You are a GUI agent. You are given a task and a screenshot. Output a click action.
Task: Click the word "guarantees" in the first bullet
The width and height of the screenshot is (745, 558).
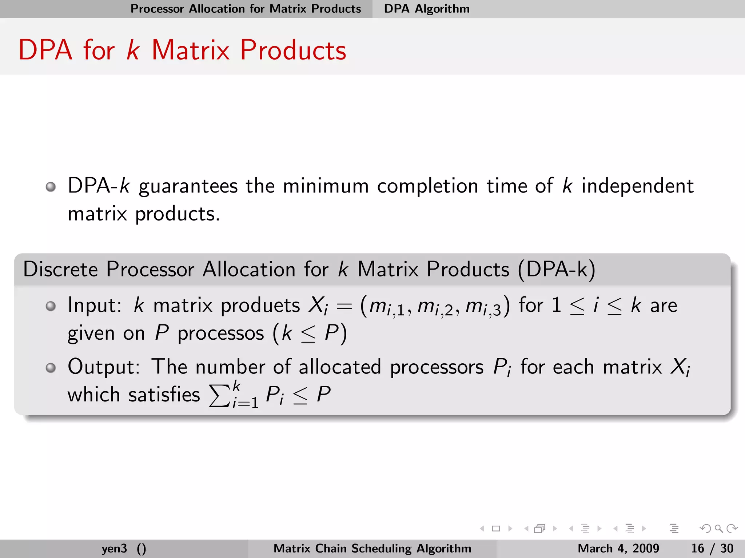click(188, 186)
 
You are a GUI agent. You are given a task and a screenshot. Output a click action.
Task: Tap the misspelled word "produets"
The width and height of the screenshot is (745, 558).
click(260, 305)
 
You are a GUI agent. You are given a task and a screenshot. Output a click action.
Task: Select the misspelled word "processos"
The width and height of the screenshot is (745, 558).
click(220, 333)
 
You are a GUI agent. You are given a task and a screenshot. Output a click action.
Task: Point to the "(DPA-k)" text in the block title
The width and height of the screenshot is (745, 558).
click(556, 270)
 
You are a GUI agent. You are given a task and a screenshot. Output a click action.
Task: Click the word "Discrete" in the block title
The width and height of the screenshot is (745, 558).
click(60, 270)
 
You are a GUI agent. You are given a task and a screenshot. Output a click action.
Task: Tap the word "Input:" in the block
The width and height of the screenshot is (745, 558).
click(95, 305)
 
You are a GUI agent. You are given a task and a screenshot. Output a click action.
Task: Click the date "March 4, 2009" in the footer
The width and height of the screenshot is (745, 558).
click(618, 548)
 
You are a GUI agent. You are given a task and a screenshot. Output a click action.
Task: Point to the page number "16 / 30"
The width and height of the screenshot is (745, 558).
click(712, 548)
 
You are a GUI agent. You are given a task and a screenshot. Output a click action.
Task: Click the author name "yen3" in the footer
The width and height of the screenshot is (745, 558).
click(114, 548)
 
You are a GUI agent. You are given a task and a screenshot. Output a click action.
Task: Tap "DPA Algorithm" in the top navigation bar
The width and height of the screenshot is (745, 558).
click(427, 9)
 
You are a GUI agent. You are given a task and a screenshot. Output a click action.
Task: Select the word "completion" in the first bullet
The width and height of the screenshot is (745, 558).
click(427, 186)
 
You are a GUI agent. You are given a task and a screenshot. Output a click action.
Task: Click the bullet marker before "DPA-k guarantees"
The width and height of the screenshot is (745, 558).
click(51, 187)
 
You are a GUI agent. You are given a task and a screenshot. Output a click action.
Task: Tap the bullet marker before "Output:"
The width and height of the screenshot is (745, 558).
click(51, 368)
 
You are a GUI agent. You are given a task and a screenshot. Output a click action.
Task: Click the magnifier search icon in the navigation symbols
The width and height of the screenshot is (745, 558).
click(718, 529)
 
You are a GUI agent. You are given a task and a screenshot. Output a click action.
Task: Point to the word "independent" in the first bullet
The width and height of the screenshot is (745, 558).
click(637, 186)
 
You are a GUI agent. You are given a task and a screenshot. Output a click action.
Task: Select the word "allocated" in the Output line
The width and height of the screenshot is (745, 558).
click(340, 367)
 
